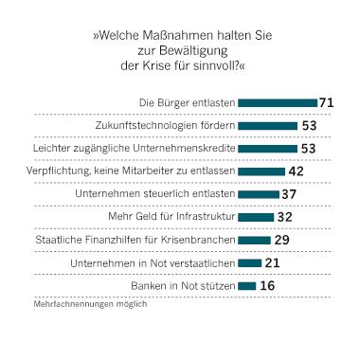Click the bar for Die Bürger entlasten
(x=278, y=102)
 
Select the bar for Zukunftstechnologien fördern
(x=267, y=125)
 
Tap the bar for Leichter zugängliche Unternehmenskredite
(x=267, y=148)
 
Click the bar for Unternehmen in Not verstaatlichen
(x=249, y=262)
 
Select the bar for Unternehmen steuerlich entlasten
(x=259, y=193)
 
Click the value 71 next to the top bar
(x=330, y=102)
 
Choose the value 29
(x=282, y=240)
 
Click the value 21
(x=273, y=262)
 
